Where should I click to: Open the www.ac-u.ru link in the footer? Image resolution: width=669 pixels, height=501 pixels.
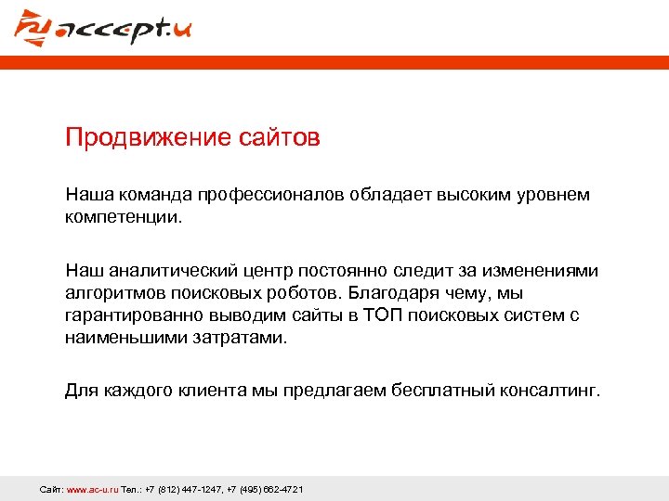click(92, 489)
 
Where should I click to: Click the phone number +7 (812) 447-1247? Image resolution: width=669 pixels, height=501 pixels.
click(184, 489)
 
